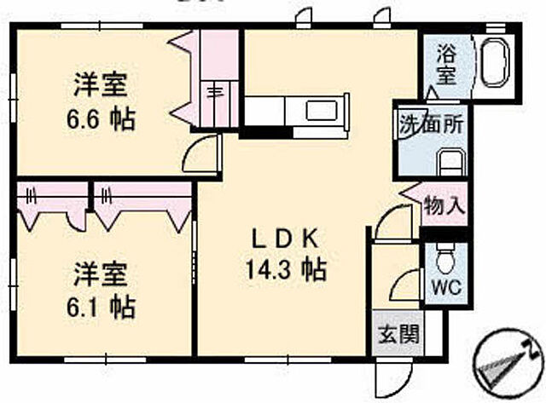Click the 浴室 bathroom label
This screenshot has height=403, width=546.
pyautogui.click(x=444, y=63)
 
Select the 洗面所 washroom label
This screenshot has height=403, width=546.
pyautogui.click(x=432, y=122)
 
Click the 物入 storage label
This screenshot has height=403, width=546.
pyautogui.click(x=444, y=205)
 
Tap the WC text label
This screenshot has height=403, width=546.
pyautogui.click(x=444, y=286)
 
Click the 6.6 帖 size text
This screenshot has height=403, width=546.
pyautogui.click(x=101, y=118)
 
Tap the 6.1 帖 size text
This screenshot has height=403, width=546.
pyautogui.click(x=101, y=305)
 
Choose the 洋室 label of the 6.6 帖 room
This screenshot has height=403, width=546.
pyautogui.click(x=101, y=85)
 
